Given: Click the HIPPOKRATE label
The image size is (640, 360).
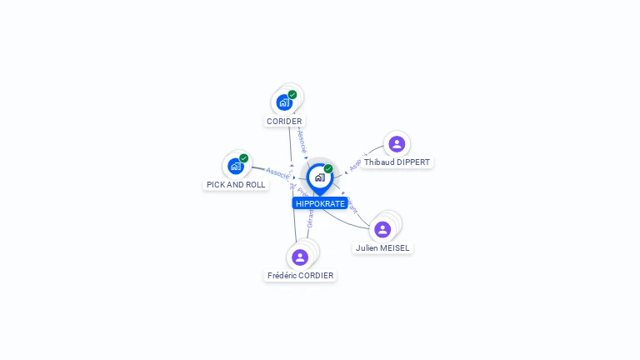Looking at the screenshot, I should pyautogui.click(x=320, y=203).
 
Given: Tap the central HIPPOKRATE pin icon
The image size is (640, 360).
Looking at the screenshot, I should pyautogui.click(x=319, y=177).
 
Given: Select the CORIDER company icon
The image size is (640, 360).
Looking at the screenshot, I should pyautogui.click(x=284, y=102).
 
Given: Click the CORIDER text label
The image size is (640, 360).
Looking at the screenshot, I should pyautogui.click(x=284, y=122).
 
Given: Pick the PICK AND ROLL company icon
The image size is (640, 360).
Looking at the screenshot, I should pyautogui.click(x=236, y=166).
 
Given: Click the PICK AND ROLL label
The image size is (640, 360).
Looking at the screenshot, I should pyautogui.click(x=236, y=185).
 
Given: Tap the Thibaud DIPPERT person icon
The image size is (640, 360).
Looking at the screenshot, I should pyautogui.click(x=397, y=143).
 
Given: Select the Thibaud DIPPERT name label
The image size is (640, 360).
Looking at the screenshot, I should pyautogui.click(x=397, y=162).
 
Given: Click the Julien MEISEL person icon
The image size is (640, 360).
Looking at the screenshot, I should pyautogui.click(x=383, y=229).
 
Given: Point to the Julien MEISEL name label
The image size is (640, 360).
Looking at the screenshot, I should pyautogui.click(x=383, y=248).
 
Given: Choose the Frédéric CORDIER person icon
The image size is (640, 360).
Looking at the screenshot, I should pyautogui.click(x=300, y=257).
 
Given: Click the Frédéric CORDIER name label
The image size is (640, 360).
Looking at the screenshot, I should pyautogui.click(x=300, y=276).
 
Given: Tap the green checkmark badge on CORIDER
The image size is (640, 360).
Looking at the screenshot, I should pyautogui.click(x=292, y=94).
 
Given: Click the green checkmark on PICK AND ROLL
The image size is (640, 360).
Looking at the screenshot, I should pyautogui.click(x=243, y=157).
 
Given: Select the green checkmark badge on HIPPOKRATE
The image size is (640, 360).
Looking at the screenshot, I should pyautogui.click(x=328, y=168).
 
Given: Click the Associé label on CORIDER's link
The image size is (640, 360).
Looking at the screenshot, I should pyautogui.click(x=302, y=140).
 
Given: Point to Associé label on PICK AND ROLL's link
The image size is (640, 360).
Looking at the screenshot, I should pyautogui.click(x=277, y=172).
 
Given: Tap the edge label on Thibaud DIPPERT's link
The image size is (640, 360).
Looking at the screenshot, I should pyautogui.click(x=356, y=165).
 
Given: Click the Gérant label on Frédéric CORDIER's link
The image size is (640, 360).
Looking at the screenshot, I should pyautogui.click(x=311, y=219).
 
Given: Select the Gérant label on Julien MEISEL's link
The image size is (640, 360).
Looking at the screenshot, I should pyautogui.click(x=352, y=205).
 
